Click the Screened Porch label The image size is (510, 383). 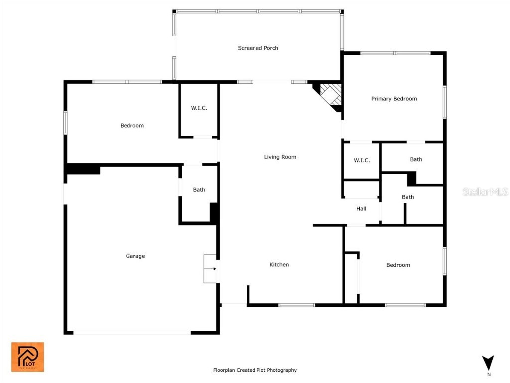coord(258,48)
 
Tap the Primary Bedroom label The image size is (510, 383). coord(394,99)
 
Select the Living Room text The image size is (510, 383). coord(280,157)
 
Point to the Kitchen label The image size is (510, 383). coord(279,264)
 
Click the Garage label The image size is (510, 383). coord(135,256)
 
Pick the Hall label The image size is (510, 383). coord(361,209)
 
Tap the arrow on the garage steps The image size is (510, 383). coord(213,269)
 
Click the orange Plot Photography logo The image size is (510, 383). coord(28,357)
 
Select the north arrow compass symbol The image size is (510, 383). coord(488,365)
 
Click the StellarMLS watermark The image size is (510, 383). coord(485,191)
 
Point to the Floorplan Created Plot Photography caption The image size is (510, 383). coord(255,370)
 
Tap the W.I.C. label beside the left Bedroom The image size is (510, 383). coord(199,108)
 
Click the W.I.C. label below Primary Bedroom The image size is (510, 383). coord(362,160)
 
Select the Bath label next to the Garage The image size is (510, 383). coord(199,189)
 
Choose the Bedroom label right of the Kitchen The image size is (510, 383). coord(398,265)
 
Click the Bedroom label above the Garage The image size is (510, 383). coord(131,125)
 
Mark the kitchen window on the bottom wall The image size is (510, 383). coord(297,305)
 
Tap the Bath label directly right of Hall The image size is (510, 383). coord(408,197)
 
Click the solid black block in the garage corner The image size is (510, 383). coord(83,169)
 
